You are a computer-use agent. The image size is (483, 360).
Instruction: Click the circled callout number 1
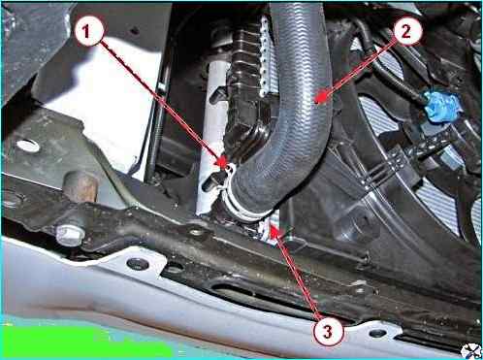click(86, 32)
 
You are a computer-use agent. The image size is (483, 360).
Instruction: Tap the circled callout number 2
click(406, 32)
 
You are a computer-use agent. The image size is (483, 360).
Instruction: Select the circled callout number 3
click(328, 331)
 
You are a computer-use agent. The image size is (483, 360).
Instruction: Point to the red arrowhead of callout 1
click(222, 161)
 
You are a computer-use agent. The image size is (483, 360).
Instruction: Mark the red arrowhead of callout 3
click(277, 233)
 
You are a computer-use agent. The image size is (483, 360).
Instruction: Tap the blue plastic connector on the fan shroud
click(439, 107)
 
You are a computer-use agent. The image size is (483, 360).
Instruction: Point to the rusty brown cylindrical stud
click(80, 187)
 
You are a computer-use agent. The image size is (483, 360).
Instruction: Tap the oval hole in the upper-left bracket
click(28, 146)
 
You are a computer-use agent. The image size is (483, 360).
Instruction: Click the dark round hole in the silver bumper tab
click(138, 264)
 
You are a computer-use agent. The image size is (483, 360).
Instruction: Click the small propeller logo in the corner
click(471, 351)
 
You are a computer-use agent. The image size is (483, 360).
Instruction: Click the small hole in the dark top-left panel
click(136, 31)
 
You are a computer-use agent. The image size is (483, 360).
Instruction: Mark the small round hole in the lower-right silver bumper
click(377, 333)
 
